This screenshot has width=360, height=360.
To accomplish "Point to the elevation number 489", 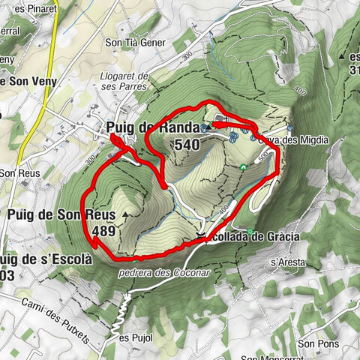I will (x=105, y=231).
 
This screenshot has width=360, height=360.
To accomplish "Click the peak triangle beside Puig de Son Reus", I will (x=124, y=214).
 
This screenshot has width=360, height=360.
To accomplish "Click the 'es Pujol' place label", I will (x=135, y=337).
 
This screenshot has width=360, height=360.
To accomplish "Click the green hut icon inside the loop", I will (x=244, y=166).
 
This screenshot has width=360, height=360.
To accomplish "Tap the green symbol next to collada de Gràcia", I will (x=251, y=230).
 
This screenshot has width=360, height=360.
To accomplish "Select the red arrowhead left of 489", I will (x=94, y=240).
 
